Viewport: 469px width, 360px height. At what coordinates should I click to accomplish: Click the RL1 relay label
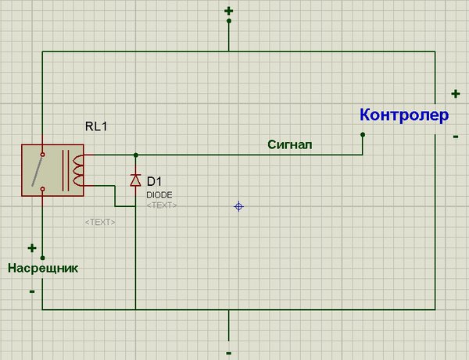click(x=96, y=127)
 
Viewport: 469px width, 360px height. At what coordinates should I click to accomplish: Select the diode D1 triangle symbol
click(x=135, y=180)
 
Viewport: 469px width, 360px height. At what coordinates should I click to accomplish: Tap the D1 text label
click(x=154, y=181)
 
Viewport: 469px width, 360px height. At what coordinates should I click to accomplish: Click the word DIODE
click(x=159, y=195)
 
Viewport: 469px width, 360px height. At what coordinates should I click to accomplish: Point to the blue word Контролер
click(x=404, y=115)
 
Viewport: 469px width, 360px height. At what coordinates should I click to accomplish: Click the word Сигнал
click(x=289, y=144)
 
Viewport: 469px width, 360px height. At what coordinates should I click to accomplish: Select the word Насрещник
click(x=43, y=268)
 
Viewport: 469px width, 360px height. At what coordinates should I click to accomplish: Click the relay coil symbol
click(x=78, y=170)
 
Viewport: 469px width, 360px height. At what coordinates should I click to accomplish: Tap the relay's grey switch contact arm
click(x=38, y=171)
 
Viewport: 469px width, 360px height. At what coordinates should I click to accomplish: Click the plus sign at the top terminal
click(x=229, y=12)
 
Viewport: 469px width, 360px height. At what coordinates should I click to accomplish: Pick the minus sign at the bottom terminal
click(x=229, y=354)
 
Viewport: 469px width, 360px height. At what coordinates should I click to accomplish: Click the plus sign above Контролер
click(x=456, y=94)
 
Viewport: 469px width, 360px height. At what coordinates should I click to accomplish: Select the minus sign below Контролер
click(x=456, y=137)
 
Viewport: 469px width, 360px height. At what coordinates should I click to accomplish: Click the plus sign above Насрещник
click(x=32, y=248)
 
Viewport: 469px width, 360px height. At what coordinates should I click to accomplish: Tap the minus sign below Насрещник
click(x=32, y=291)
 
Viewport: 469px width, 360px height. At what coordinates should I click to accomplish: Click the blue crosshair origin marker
click(x=238, y=206)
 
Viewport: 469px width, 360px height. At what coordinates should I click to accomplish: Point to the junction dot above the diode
click(x=136, y=155)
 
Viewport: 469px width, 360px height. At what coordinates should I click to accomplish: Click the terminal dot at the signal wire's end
click(x=363, y=135)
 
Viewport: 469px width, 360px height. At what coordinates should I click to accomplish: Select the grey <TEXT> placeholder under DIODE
click(x=162, y=205)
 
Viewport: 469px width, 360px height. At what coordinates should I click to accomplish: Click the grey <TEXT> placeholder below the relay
click(x=100, y=223)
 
